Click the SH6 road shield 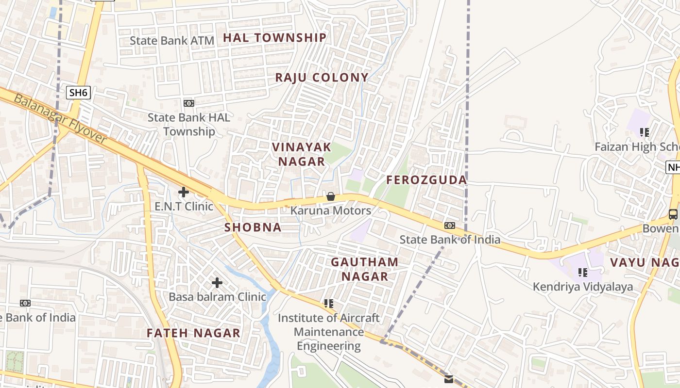tap(79, 93)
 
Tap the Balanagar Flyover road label tap(60, 119)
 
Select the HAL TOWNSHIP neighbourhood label tap(275, 38)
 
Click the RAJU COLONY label tap(322, 78)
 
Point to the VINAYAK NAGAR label tap(302, 154)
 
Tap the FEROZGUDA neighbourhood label tap(426, 180)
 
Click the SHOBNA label tap(253, 227)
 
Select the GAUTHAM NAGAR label tap(364, 269)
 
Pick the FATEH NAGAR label tap(193, 333)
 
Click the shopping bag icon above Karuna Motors tap(331, 196)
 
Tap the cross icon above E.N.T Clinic tap(184, 192)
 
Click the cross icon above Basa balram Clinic tap(217, 282)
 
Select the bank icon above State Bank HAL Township tap(189, 103)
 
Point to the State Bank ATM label tap(172, 41)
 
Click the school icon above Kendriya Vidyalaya tap(583, 273)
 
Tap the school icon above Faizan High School tap(645, 132)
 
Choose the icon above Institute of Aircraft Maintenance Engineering tap(329, 304)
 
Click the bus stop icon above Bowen tap(673, 214)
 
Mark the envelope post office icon tap(449, 379)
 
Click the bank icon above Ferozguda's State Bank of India tap(450, 226)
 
